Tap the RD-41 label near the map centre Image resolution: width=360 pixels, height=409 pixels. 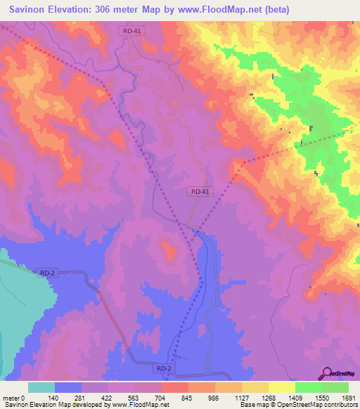[200, 191]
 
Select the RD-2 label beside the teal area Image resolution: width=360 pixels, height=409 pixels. [48, 273]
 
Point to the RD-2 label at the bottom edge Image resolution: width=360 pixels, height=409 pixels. [163, 368]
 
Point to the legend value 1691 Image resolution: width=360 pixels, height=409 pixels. [348, 397]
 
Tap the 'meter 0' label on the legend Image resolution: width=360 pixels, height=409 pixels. [14, 397]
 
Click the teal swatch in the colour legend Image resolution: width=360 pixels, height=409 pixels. [41, 387]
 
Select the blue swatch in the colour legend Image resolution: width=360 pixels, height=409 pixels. [68, 387]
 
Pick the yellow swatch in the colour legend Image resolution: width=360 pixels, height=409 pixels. [282, 387]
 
